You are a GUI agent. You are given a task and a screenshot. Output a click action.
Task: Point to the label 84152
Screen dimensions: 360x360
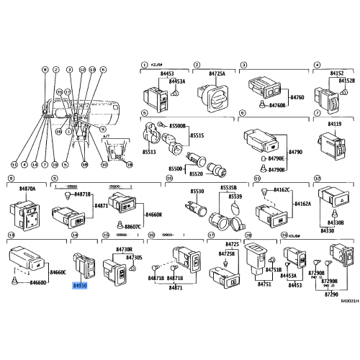coord(336,73)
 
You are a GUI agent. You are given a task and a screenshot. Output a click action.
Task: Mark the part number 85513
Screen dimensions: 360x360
coord(148,153)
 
